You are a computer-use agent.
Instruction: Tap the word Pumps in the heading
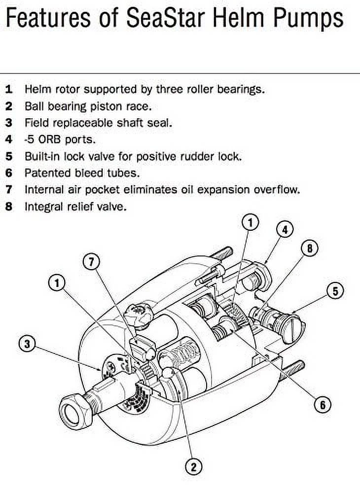click(307, 18)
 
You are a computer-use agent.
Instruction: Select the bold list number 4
click(9, 139)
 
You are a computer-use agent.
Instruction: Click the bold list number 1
click(9, 89)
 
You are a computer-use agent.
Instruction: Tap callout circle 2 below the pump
click(193, 466)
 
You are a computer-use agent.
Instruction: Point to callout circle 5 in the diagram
click(335, 291)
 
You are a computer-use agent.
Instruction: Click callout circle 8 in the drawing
click(310, 248)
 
